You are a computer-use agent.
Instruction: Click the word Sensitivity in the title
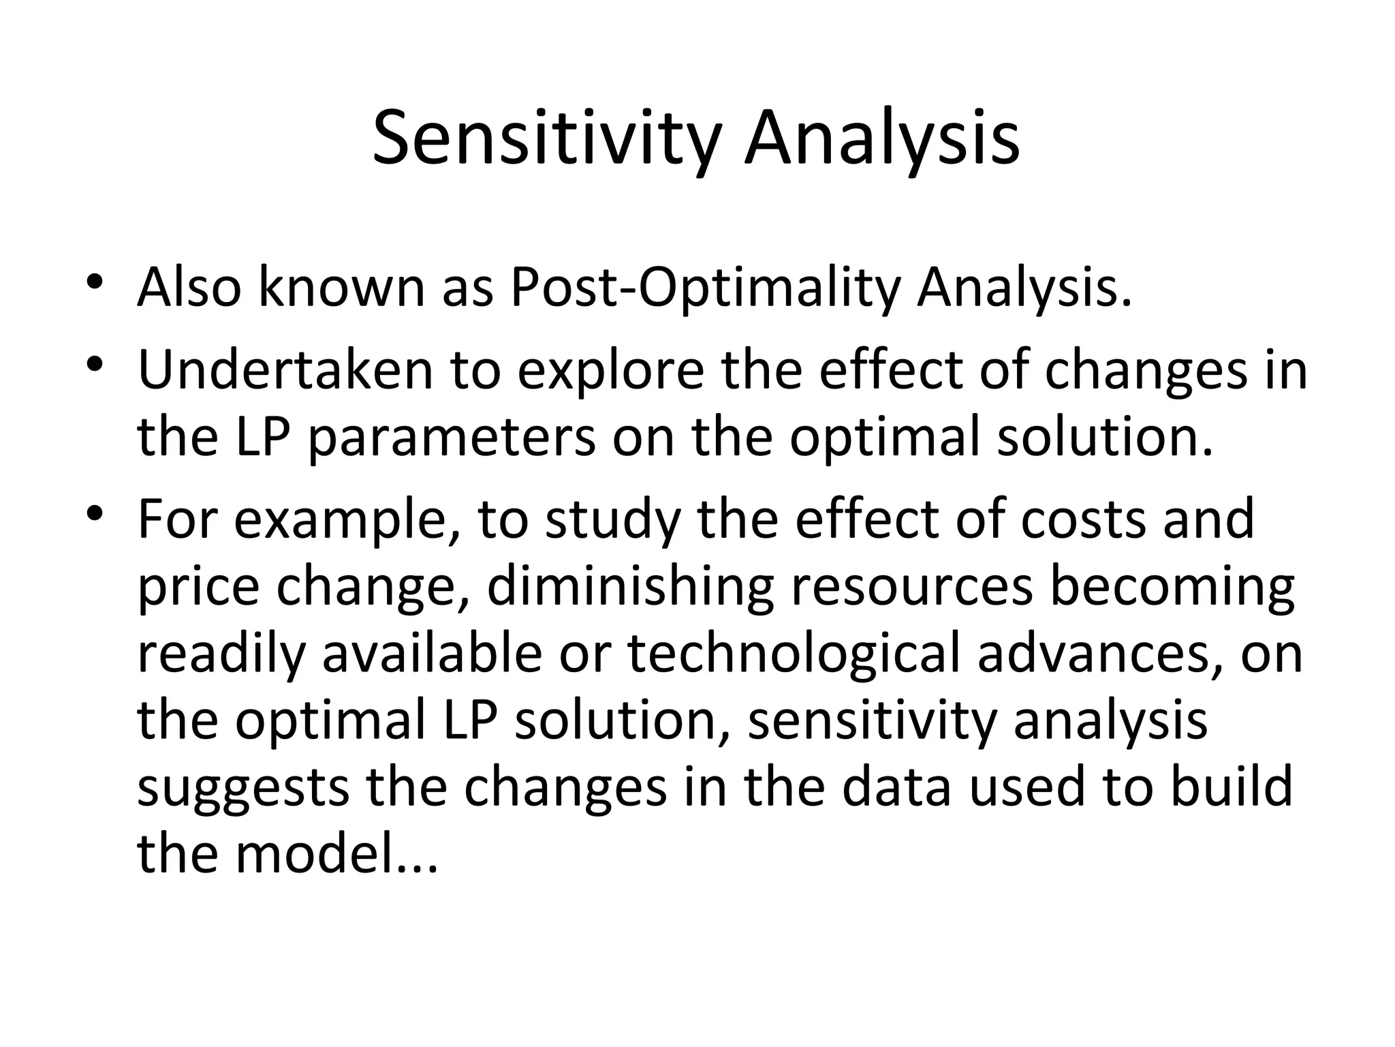click(546, 140)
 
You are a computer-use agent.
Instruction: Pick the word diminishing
click(631, 586)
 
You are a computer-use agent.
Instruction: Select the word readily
click(221, 653)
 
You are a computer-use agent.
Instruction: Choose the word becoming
click(1172, 586)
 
